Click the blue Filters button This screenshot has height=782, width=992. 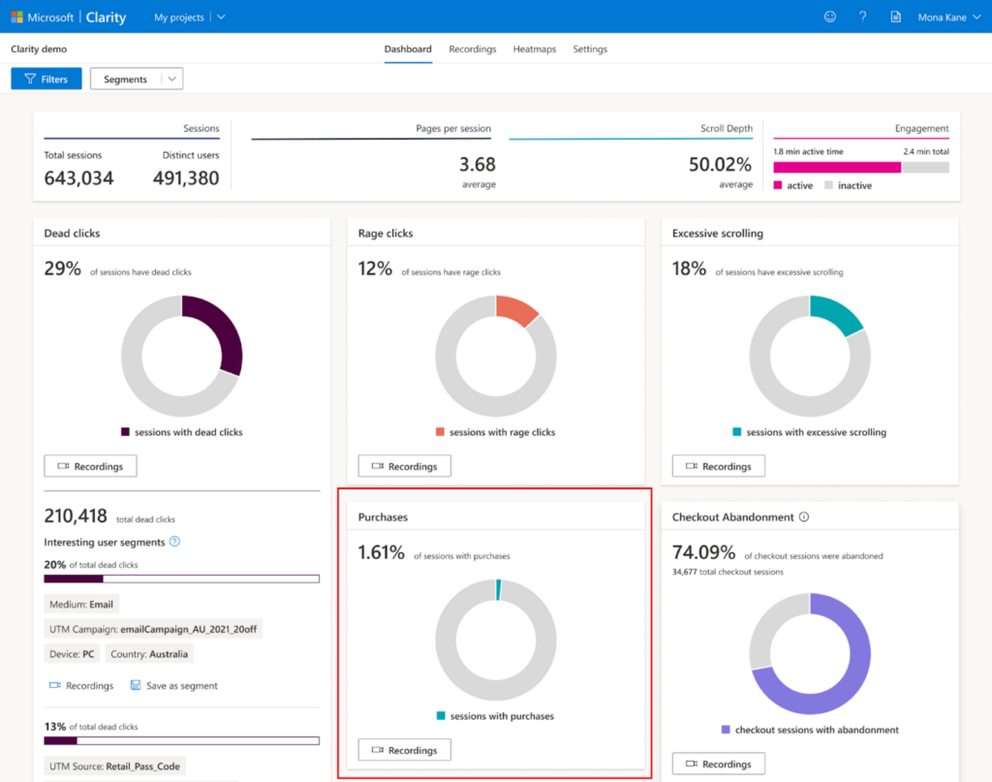click(46, 79)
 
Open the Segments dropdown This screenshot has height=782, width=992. click(136, 79)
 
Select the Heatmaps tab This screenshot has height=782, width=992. click(535, 49)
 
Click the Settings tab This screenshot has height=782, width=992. click(590, 49)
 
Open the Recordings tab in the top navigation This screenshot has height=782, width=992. click(473, 49)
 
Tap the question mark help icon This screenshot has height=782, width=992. click(862, 17)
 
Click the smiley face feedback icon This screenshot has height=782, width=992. click(829, 17)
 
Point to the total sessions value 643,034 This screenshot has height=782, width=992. click(78, 178)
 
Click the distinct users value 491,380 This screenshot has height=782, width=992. click(186, 178)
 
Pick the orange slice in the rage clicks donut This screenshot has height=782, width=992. click(517, 309)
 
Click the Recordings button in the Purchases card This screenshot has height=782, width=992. click(404, 750)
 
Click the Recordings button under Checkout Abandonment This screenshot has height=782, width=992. click(718, 764)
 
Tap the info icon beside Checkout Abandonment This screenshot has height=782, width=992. click(804, 517)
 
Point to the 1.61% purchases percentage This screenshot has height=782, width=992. click(382, 552)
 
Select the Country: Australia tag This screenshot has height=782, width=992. click(149, 654)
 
